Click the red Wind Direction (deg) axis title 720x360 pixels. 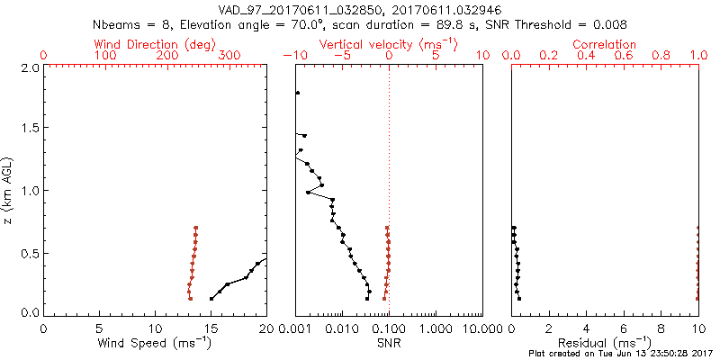pos(156,44)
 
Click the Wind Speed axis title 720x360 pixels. pos(156,344)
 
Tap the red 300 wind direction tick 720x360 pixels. pos(229,56)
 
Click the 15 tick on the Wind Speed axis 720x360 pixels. pos(211,327)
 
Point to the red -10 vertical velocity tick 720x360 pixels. pos(293,56)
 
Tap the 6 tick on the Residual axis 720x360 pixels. pos(624,327)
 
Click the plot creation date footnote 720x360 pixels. pos(621,355)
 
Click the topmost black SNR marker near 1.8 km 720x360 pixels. pos(297,93)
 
